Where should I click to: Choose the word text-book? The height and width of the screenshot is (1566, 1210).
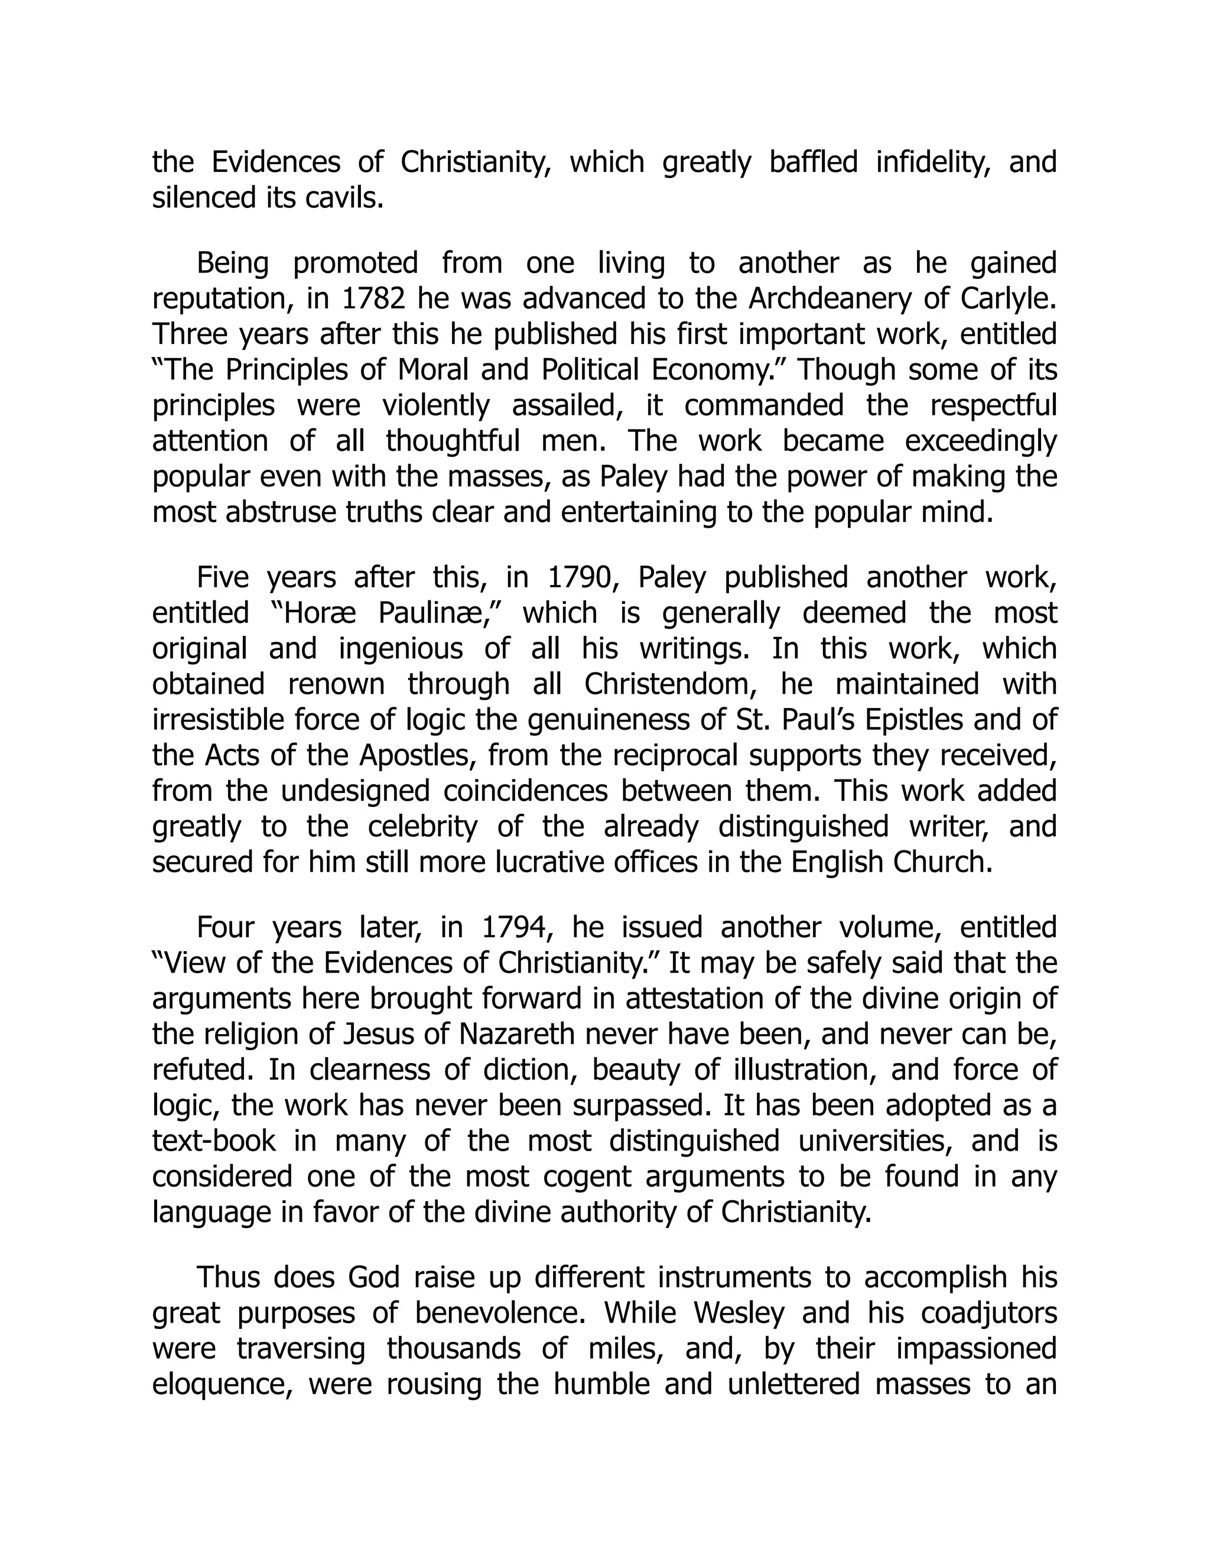click(x=214, y=1141)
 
